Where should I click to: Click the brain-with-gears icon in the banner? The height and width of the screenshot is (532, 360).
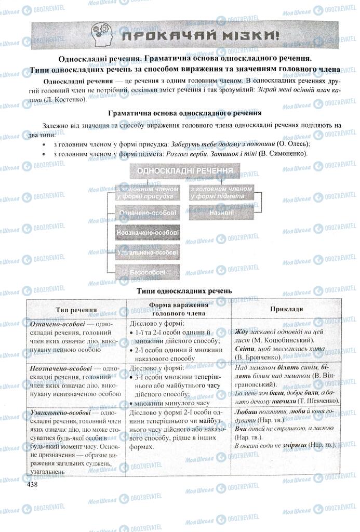[102, 35]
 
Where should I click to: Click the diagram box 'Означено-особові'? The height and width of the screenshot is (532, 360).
[147, 213]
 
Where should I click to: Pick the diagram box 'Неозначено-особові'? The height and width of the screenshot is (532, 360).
[148, 233]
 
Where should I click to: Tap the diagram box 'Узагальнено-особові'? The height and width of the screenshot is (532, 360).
[148, 252]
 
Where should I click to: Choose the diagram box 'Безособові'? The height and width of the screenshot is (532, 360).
[148, 272]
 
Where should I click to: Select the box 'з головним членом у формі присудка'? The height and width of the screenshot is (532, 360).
[147, 192]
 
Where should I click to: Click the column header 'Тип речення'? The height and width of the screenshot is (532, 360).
[76, 310]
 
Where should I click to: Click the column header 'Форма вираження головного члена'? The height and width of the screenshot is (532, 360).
[178, 310]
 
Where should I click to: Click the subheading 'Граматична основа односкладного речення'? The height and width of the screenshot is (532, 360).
[184, 113]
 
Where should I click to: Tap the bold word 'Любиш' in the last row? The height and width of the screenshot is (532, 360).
[246, 411]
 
